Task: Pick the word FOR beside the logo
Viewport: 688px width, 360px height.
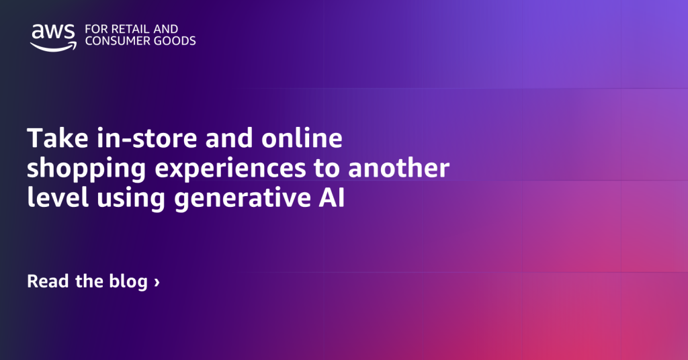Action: click(95, 29)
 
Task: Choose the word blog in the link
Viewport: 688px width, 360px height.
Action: click(128, 281)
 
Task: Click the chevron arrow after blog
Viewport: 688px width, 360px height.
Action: click(157, 282)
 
